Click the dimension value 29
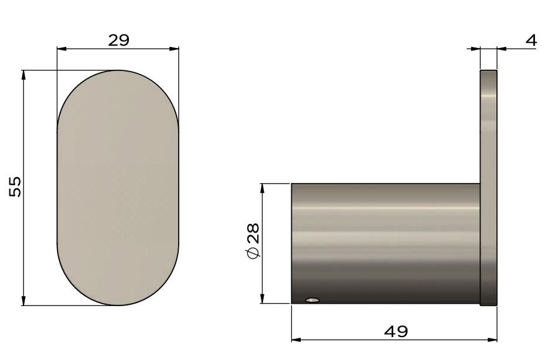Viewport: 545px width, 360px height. (x=118, y=40)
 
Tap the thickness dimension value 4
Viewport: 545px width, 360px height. (x=531, y=40)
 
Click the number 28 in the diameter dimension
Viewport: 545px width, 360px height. (x=253, y=233)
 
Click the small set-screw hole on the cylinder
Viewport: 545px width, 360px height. (x=312, y=300)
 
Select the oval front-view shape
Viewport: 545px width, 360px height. (x=118, y=188)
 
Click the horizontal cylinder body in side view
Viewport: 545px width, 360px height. (x=386, y=243)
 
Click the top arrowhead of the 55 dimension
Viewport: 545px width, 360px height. (x=23, y=74)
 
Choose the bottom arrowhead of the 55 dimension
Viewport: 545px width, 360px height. (x=23, y=301)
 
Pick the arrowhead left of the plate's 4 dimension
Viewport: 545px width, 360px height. (x=476, y=49)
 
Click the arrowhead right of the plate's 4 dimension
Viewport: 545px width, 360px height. (x=502, y=49)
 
